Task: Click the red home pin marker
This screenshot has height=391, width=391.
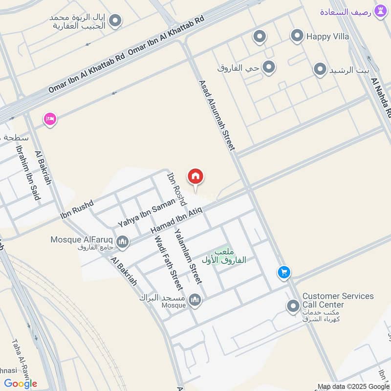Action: coord(195,177)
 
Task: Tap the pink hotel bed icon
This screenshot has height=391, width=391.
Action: coord(50,119)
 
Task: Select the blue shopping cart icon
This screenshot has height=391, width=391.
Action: coord(284,272)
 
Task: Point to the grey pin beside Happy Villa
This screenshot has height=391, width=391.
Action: coord(297,36)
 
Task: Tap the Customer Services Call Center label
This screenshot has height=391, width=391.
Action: coord(338,301)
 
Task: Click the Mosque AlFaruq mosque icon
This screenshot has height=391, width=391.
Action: coord(123,241)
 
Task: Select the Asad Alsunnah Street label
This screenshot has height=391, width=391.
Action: coord(217,115)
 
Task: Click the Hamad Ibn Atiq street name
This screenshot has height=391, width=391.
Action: coord(176,219)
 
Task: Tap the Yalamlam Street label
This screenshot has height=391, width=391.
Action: coord(189,256)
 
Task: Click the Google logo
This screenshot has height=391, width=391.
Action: coord(20,384)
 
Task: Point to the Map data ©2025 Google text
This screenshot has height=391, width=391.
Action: coord(353,386)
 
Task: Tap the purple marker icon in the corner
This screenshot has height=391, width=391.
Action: coord(379,11)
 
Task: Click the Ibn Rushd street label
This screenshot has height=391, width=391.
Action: coord(76,208)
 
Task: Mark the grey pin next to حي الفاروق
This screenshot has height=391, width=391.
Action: coord(268,67)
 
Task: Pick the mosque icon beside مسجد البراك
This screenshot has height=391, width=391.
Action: coord(195,300)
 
